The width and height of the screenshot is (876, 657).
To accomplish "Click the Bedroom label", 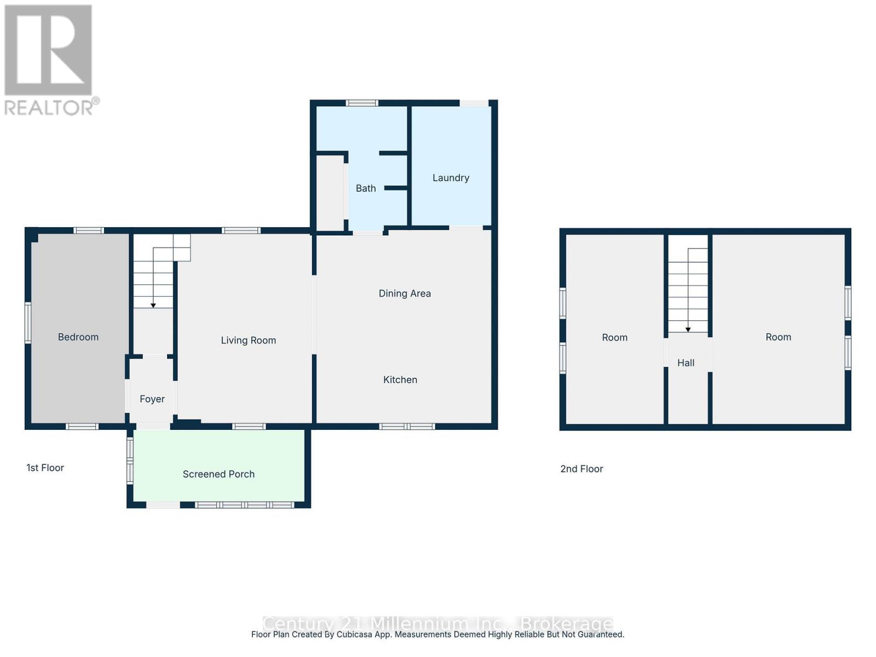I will point(78,337).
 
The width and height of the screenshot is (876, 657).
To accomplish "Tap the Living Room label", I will point(248,341).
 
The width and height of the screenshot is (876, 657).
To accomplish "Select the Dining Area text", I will point(405,293).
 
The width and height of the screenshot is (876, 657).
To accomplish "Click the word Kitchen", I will point(400,380).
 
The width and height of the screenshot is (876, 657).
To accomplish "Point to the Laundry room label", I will point(451,178).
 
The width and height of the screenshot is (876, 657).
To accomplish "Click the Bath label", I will point(366,188).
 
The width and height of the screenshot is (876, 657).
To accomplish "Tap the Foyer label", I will point(152,399).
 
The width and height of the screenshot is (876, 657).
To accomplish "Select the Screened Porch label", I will point(218,474).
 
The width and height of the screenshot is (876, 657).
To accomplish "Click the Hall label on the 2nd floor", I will point(685,363).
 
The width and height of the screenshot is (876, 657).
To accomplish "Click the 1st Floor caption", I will point(45,468).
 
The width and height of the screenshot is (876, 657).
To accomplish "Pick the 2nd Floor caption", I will point(581,469).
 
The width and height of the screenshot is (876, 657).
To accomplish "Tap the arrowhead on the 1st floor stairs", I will point(153,306).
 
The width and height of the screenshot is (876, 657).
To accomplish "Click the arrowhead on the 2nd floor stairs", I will point(688,330).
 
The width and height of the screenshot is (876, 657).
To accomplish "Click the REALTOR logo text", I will point(51,107).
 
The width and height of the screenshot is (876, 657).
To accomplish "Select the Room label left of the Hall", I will point(614,338).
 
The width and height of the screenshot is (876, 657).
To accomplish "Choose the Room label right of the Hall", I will point(778,337).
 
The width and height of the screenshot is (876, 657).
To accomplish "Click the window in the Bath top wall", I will point(362,103).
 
